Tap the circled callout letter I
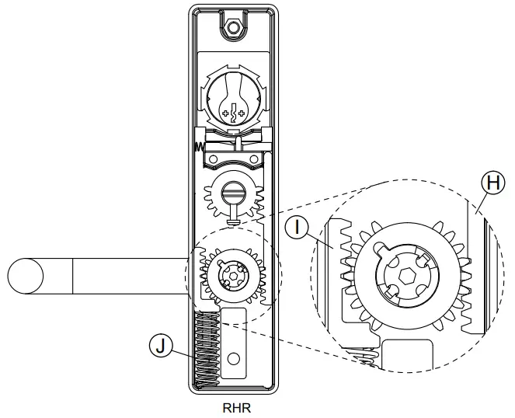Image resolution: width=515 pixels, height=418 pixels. pos(296,228)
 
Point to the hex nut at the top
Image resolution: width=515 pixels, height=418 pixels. pos(231,28)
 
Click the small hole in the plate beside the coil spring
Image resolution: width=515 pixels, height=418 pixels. pos(234,358)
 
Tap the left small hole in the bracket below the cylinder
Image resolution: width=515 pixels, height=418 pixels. pos(211,161)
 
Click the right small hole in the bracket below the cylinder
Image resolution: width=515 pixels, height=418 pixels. pos(256,161)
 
